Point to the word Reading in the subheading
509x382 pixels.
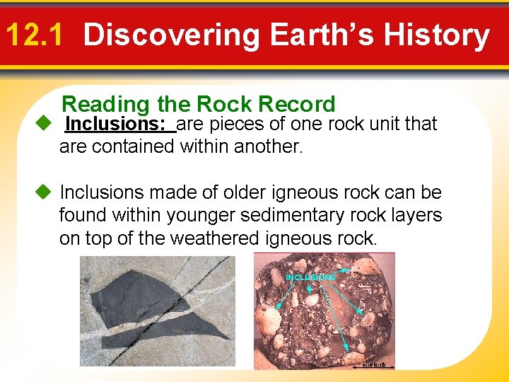coord(106,105)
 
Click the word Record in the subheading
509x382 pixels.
coord(296,105)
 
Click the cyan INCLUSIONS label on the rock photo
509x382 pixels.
coord(310,277)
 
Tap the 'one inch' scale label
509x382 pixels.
coord(374,364)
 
